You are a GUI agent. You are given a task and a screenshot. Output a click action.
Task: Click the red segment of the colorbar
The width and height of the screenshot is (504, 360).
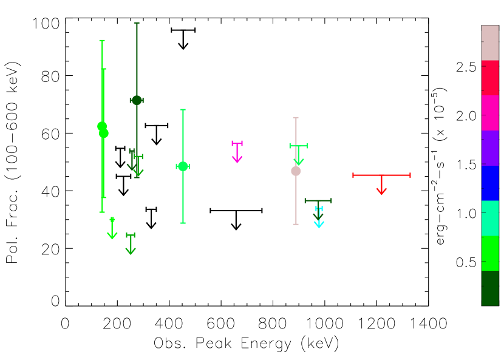click(x=489, y=78)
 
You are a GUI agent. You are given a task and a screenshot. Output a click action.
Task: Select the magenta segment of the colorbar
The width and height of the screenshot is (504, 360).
click(x=489, y=113)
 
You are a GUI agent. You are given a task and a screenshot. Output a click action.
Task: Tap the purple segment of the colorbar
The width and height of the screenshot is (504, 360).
click(x=489, y=148)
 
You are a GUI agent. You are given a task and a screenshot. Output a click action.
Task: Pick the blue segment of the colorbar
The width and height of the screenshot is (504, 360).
click(x=489, y=183)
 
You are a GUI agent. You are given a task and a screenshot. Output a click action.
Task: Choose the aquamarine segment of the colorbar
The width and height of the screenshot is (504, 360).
click(x=489, y=218)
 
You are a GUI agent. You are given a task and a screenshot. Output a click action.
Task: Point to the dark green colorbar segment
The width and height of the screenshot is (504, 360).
click(x=489, y=288)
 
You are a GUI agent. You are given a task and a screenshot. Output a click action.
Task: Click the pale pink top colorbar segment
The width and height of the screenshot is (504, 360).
click(x=489, y=42)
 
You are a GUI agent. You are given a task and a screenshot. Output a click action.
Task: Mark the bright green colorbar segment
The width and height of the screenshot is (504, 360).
click(x=489, y=253)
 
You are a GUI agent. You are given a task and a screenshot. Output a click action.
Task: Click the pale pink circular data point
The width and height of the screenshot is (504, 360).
click(x=296, y=171)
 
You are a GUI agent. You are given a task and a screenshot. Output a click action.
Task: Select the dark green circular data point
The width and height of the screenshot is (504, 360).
click(x=137, y=100)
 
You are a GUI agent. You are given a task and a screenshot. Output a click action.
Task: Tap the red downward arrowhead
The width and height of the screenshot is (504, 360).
click(x=381, y=191)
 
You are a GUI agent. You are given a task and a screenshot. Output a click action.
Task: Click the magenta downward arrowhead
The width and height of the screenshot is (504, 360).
click(x=237, y=159)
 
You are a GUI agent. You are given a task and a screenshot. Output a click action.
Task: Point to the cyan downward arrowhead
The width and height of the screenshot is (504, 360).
click(x=319, y=224)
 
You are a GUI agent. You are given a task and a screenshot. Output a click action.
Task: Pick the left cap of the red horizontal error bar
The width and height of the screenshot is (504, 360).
click(x=353, y=175)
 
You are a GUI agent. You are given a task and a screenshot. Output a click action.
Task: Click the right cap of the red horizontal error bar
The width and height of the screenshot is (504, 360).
click(x=410, y=175)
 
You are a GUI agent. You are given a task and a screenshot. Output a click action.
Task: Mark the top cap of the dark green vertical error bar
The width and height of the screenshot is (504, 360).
click(x=137, y=23)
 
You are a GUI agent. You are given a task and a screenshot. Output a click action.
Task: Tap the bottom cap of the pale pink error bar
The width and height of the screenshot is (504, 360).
click(x=296, y=224)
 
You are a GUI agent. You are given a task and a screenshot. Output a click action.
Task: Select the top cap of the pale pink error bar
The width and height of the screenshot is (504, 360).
click(x=296, y=118)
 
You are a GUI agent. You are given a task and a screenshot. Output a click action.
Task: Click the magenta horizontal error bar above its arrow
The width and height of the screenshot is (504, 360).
click(x=237, y=143)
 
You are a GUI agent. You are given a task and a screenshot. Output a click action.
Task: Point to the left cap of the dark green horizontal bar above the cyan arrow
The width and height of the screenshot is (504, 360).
click(x=305, y=200)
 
